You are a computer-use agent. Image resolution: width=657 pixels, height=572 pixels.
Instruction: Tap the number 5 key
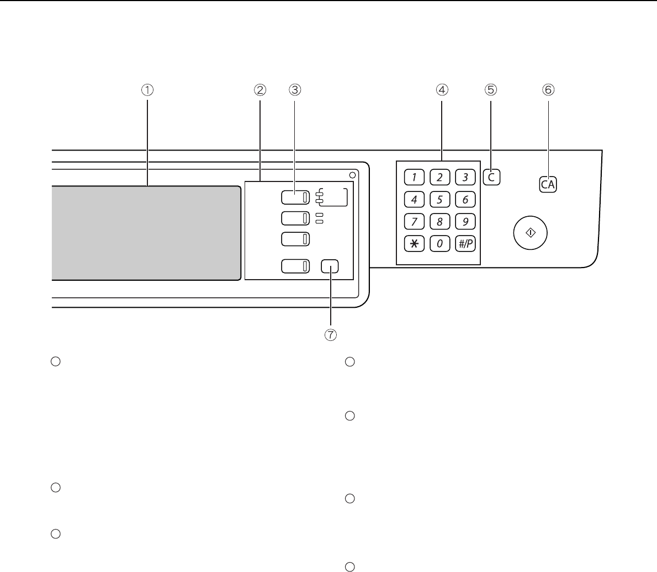point(440,200)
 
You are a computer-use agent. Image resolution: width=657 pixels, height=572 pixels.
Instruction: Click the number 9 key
point(465,222)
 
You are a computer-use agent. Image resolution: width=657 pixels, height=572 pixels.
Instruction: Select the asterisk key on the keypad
point(415,244)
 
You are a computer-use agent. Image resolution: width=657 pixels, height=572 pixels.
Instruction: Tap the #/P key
point(465,244)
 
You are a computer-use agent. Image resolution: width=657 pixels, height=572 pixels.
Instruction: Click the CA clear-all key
point(548,185)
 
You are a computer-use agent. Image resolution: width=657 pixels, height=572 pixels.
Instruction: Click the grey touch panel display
point(146,233)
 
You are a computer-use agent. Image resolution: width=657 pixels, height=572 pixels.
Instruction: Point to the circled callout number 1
point(147,89)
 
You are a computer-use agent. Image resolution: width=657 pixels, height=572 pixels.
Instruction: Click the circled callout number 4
point(442,89)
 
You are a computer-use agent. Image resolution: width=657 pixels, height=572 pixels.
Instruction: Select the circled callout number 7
point(331,335)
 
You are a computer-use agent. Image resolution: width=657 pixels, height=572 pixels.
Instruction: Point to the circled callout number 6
point(548,89)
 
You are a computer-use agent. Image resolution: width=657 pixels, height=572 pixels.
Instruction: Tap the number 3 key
point(465,178)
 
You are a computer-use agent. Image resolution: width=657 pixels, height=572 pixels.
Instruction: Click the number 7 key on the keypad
point(415,222)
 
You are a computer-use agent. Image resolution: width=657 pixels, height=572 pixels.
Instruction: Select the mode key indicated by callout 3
point(295,197)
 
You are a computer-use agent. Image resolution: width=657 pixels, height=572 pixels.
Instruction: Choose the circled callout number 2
point(260,89)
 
